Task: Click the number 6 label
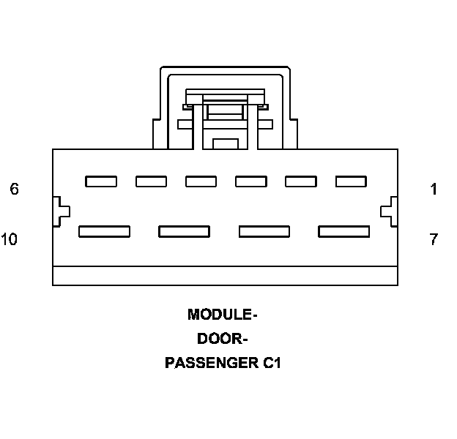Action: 15,190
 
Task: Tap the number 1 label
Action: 434,190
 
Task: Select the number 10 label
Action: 10,239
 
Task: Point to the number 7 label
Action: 434,239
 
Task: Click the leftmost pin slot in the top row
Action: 101,181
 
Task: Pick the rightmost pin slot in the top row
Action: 351,181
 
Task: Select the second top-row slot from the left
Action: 151,181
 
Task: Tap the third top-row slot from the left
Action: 201,181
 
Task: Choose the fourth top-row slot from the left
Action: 250,181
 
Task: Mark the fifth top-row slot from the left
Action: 300,181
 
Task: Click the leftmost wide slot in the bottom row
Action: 104,231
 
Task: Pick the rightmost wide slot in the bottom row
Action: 344,231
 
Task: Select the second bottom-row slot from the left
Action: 185,231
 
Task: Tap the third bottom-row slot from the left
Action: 264,231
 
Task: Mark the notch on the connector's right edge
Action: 390,211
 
